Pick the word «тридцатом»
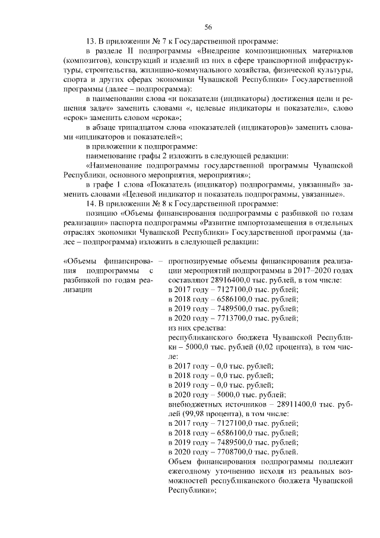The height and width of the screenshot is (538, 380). pos(141,127)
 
